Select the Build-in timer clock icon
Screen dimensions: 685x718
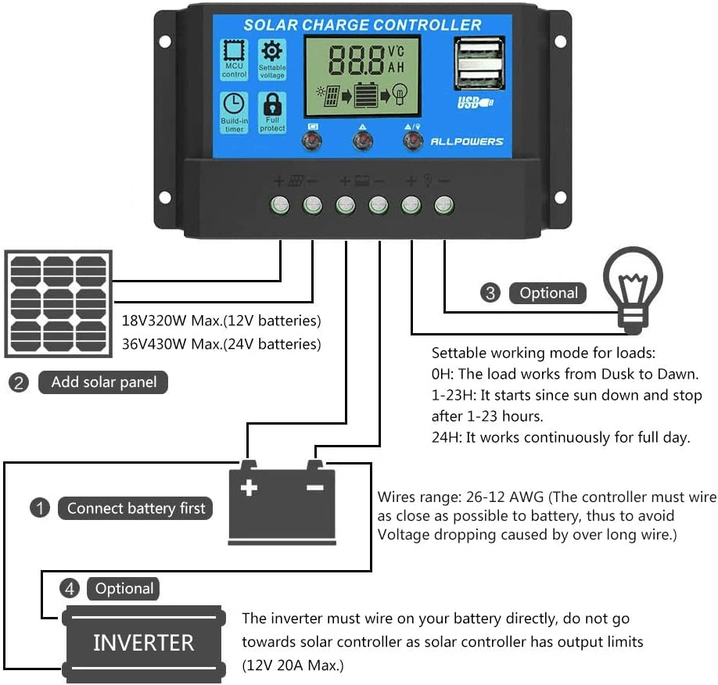(x=235, y=104)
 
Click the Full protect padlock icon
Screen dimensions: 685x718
(x=272, y=104)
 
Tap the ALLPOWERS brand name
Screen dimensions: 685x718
(x=467, y=142)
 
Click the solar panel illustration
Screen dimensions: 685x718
(x=59, y=303)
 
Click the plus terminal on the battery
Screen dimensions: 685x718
(x=249, y=488)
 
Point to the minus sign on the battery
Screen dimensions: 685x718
(x=314, y=488)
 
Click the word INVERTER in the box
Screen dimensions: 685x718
(x=143, y=643)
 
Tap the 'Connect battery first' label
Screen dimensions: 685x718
(x=135, y=508)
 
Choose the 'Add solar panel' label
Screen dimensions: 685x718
(x=103, y=382)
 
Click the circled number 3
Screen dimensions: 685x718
(x=490, y=293)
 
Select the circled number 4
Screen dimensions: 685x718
(x=69, y=589)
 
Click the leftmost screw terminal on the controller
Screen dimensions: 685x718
(x=280, y=205)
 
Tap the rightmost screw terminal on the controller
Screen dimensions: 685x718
(x=443, y=205)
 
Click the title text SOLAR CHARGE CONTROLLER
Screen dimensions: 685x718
(x=362, y=24)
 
